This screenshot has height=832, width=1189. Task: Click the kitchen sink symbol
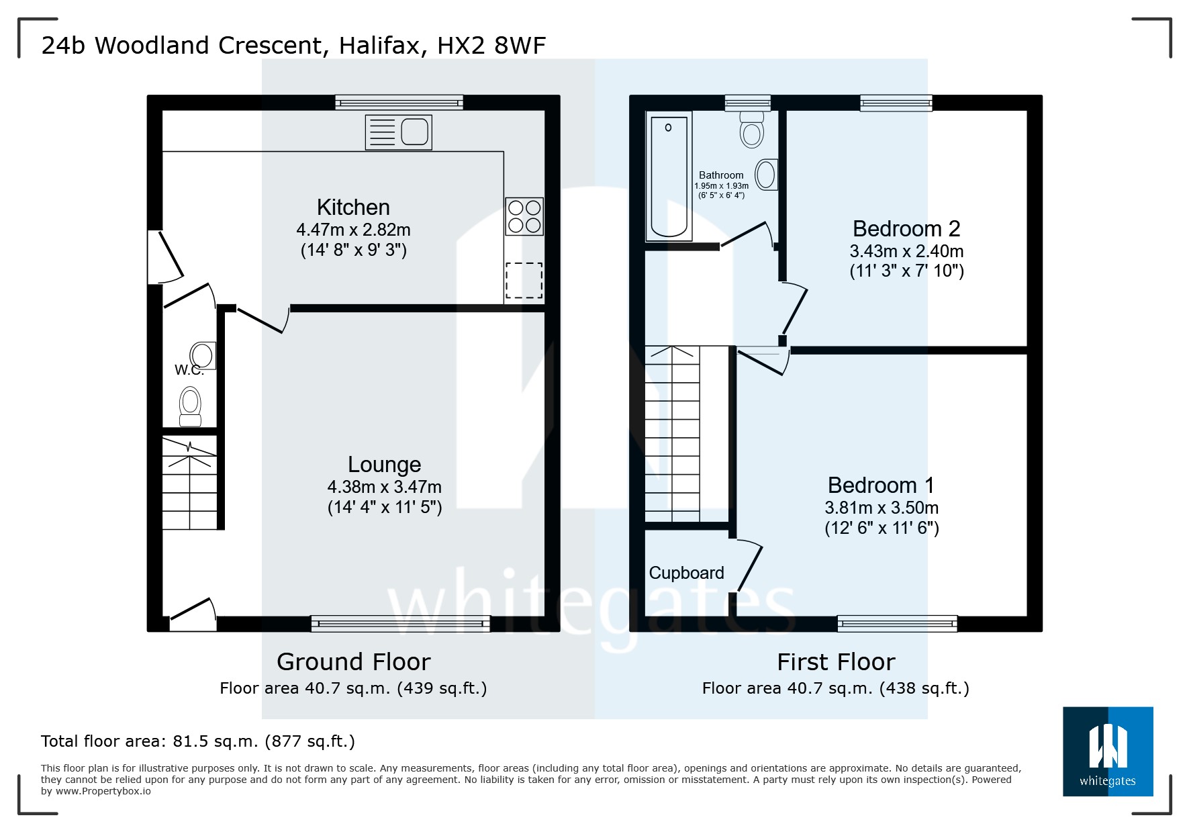pyautogui.click(x=398, y=132)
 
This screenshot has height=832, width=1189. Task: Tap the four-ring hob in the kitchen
pyautogui.click(x=524, y=216)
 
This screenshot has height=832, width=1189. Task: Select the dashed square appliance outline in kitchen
pyautogui.click(x=524, y=280)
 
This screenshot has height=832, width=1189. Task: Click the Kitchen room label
pyautogui.click(x=353, y=207)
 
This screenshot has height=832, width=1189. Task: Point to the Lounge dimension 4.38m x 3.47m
pyautogui.click(x=384, y=487)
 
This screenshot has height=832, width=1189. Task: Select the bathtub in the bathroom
pyautogui.click(x=669, y=177)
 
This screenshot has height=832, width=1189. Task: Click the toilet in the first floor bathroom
pyautogui.click(x=752, y=129)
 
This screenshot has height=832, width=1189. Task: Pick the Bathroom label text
pyautogui.click(x=721, y=175)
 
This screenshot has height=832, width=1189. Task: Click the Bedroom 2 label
pyautogui.click(x=906, y=229)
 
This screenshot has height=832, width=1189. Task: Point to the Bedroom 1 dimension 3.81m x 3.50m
pyautogui.click(x=882, y=508)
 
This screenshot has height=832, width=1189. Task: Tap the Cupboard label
pyautogui.click(x=686, y=573)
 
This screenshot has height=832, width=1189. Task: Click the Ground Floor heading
pyautogui.click(x=353, y=662)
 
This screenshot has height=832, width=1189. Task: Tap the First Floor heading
pyautogui.click(x=836, y=662)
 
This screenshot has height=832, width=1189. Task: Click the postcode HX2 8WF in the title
pyautogui.click(x=491, y=46)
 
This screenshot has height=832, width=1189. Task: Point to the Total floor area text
pyautogui.click(x=198, y=741)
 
